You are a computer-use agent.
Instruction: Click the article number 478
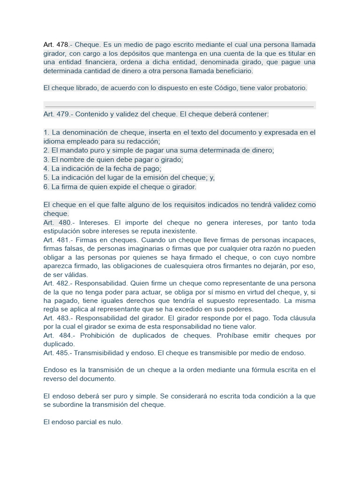pyautogui.click(x=63, y=45)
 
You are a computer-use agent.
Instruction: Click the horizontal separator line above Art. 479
pyautogui.click(x=179, y=106)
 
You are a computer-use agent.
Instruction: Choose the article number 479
pyautogui.click(x=63, y=114)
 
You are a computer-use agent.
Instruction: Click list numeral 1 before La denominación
pyautogui.click(x=45, y=133)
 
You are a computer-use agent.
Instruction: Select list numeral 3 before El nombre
pyautogui.click(x=45, y=159)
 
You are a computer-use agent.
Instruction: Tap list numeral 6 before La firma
pyautogui.click(x=45, y=187)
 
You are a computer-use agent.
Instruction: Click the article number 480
pyautogui.click(x=63, y=223)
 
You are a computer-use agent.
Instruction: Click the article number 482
pyautogui.click(x=63, y=284)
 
